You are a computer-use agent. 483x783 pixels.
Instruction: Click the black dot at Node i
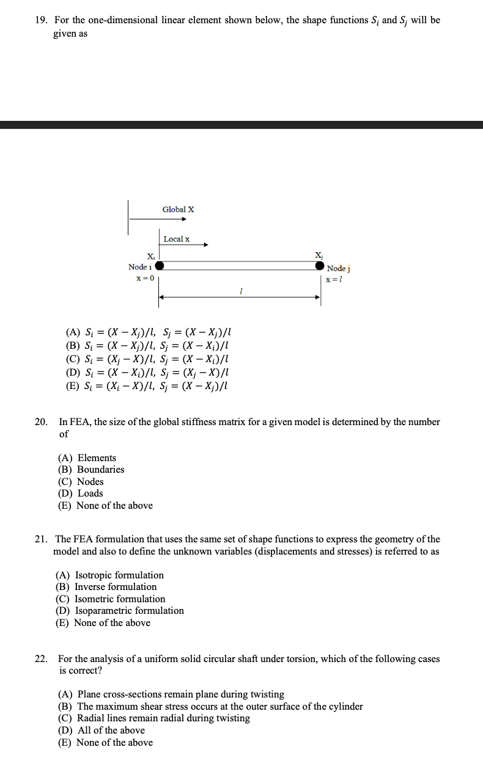point(160,266)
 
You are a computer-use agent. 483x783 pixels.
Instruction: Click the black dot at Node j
point(320,266)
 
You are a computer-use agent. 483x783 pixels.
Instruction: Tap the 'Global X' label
point(178,209)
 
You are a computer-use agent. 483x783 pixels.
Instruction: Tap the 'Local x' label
point(176,239)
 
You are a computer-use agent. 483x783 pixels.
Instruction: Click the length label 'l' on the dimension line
point(242,293)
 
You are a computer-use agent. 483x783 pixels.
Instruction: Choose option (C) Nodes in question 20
point(81,481)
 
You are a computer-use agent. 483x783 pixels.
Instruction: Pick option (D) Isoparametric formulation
point(120,611)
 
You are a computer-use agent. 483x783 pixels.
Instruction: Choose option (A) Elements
point(87,458)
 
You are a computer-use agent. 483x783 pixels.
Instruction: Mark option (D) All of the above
point(101,730)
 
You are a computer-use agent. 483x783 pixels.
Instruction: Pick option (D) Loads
point(81,493)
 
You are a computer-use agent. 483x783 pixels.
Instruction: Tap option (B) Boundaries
point(91,470)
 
